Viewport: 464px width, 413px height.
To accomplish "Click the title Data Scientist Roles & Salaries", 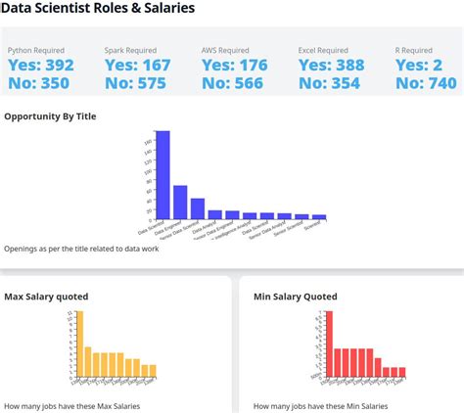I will click(97, 9).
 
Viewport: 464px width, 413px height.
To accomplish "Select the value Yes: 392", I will click(40, 66).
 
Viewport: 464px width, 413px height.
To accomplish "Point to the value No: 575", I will click(137, 83).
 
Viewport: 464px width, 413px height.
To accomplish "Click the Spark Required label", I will click(130, 50).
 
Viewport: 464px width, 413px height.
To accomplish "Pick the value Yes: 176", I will click(234, 66).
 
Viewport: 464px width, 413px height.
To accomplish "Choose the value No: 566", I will click(234, 83).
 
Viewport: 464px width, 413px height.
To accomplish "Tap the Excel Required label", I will click(323, 50).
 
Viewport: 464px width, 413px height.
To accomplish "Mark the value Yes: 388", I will click(331, 66).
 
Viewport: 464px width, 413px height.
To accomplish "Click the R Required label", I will click(414, 50).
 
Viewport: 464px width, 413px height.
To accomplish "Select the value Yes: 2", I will click(419, 66).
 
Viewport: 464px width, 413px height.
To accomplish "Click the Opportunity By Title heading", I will click(50, 116).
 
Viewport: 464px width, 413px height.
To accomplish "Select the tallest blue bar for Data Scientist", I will click(163, 176).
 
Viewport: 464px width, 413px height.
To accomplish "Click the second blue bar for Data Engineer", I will click(180, 203).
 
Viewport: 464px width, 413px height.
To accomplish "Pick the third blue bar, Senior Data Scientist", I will click(198, 208).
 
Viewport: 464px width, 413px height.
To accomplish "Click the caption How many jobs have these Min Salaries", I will click(321, 405).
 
